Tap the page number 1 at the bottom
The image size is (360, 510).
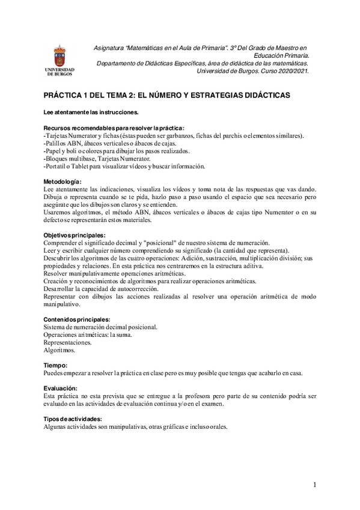tap(314, 484)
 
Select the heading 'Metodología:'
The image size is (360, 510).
tap(63, 181)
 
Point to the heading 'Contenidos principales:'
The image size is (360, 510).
tap(77, 319)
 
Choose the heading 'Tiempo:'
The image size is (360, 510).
tap(55, 366)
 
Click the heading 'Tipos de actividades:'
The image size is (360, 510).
tap(73, 419)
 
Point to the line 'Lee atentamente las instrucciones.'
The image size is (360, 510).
tap(91, 112)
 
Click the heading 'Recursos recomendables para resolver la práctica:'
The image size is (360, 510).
tap(114, 127)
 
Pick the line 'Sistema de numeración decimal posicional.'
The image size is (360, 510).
tap(101, 327)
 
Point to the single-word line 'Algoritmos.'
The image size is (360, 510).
tap(59, 350)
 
